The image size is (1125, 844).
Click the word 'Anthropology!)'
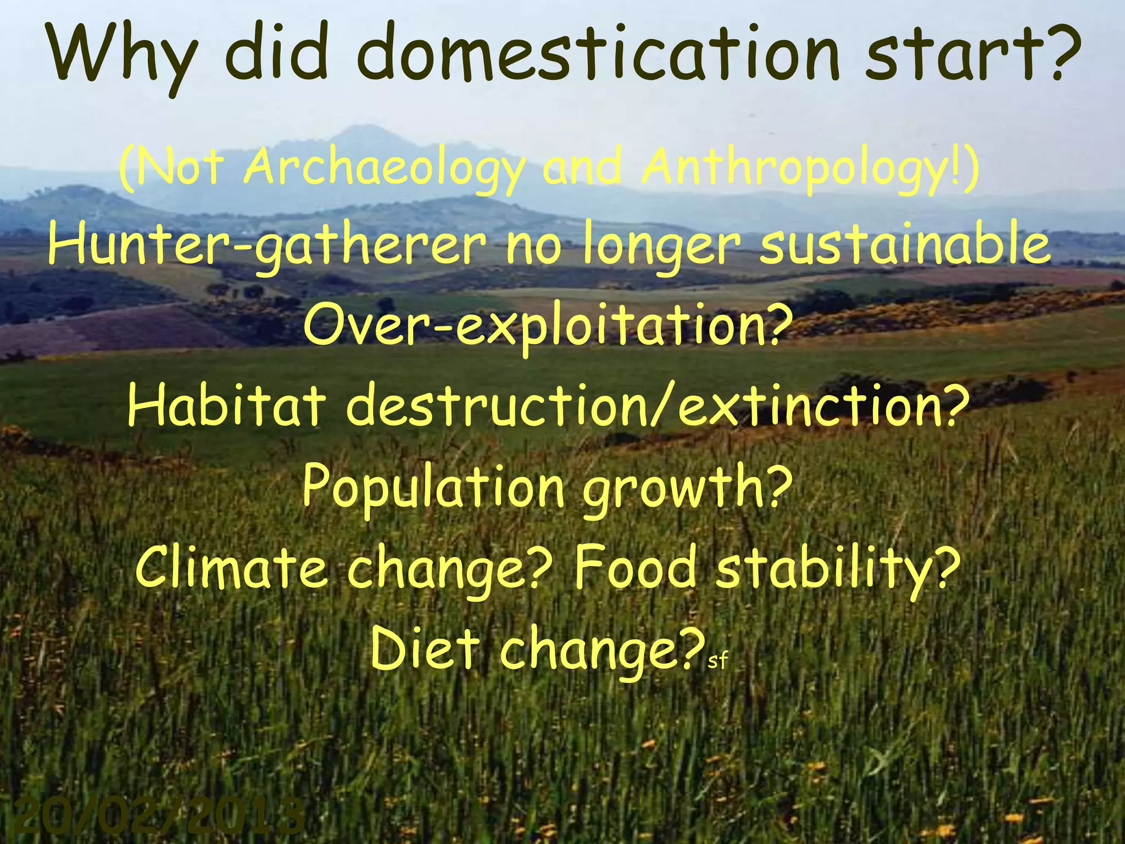pyautogui.click(x=810, y=168)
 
